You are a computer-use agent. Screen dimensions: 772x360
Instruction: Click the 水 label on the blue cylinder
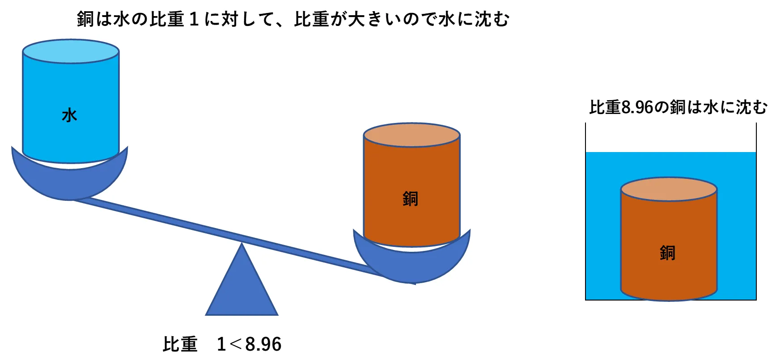click(69, 115)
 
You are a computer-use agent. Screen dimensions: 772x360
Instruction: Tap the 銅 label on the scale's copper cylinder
click(410, 199)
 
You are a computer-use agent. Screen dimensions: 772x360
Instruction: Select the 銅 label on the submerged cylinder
click(667, 253)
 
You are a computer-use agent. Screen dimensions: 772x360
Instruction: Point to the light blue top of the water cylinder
click(71, 51)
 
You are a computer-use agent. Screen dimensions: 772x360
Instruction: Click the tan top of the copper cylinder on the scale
click(411, 135)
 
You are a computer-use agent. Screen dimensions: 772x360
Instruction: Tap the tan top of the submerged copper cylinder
click(669, 189)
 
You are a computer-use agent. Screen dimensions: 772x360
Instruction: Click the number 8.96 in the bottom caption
click(263, 344)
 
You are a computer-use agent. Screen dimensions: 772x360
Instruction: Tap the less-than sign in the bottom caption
click(235, 344)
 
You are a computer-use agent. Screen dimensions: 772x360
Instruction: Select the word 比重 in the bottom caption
click(180, 344)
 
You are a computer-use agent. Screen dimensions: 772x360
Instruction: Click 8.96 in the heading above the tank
click(637, 107)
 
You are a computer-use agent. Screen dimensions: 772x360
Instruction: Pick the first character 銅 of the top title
click(85, 19)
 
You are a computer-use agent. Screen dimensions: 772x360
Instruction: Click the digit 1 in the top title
click(194, 19)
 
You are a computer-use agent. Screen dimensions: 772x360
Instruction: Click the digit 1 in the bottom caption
click(221, 344)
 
